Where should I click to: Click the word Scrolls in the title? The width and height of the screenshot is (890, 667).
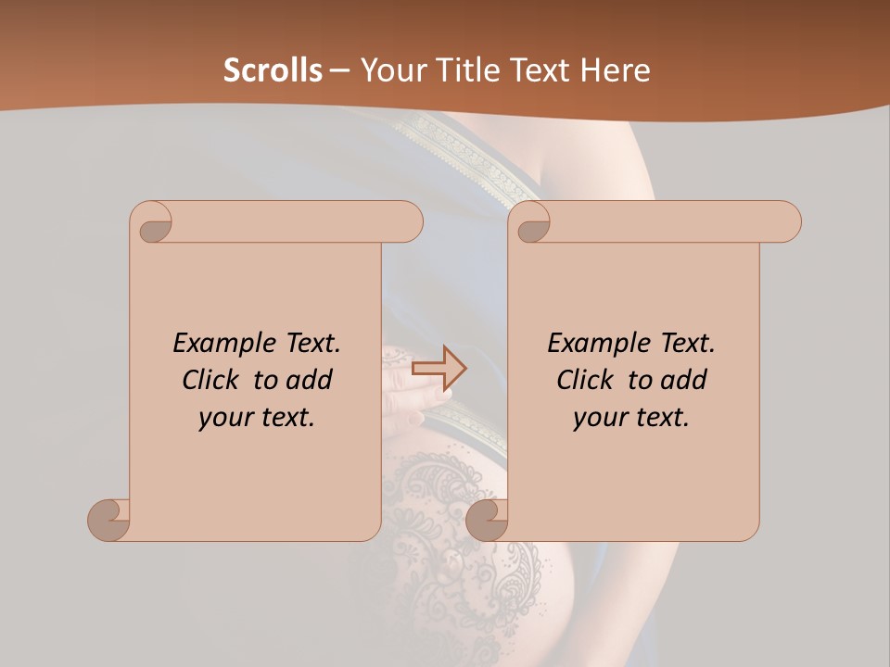click(x=273, y=70)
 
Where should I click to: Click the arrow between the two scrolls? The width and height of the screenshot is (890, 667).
click(x=439, y=369)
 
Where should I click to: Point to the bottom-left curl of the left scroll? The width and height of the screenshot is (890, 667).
click(x=109, y=520)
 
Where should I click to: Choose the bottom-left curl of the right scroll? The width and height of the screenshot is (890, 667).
click(x=487, y=520)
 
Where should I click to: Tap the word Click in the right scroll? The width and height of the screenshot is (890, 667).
click(x=584, y=380)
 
